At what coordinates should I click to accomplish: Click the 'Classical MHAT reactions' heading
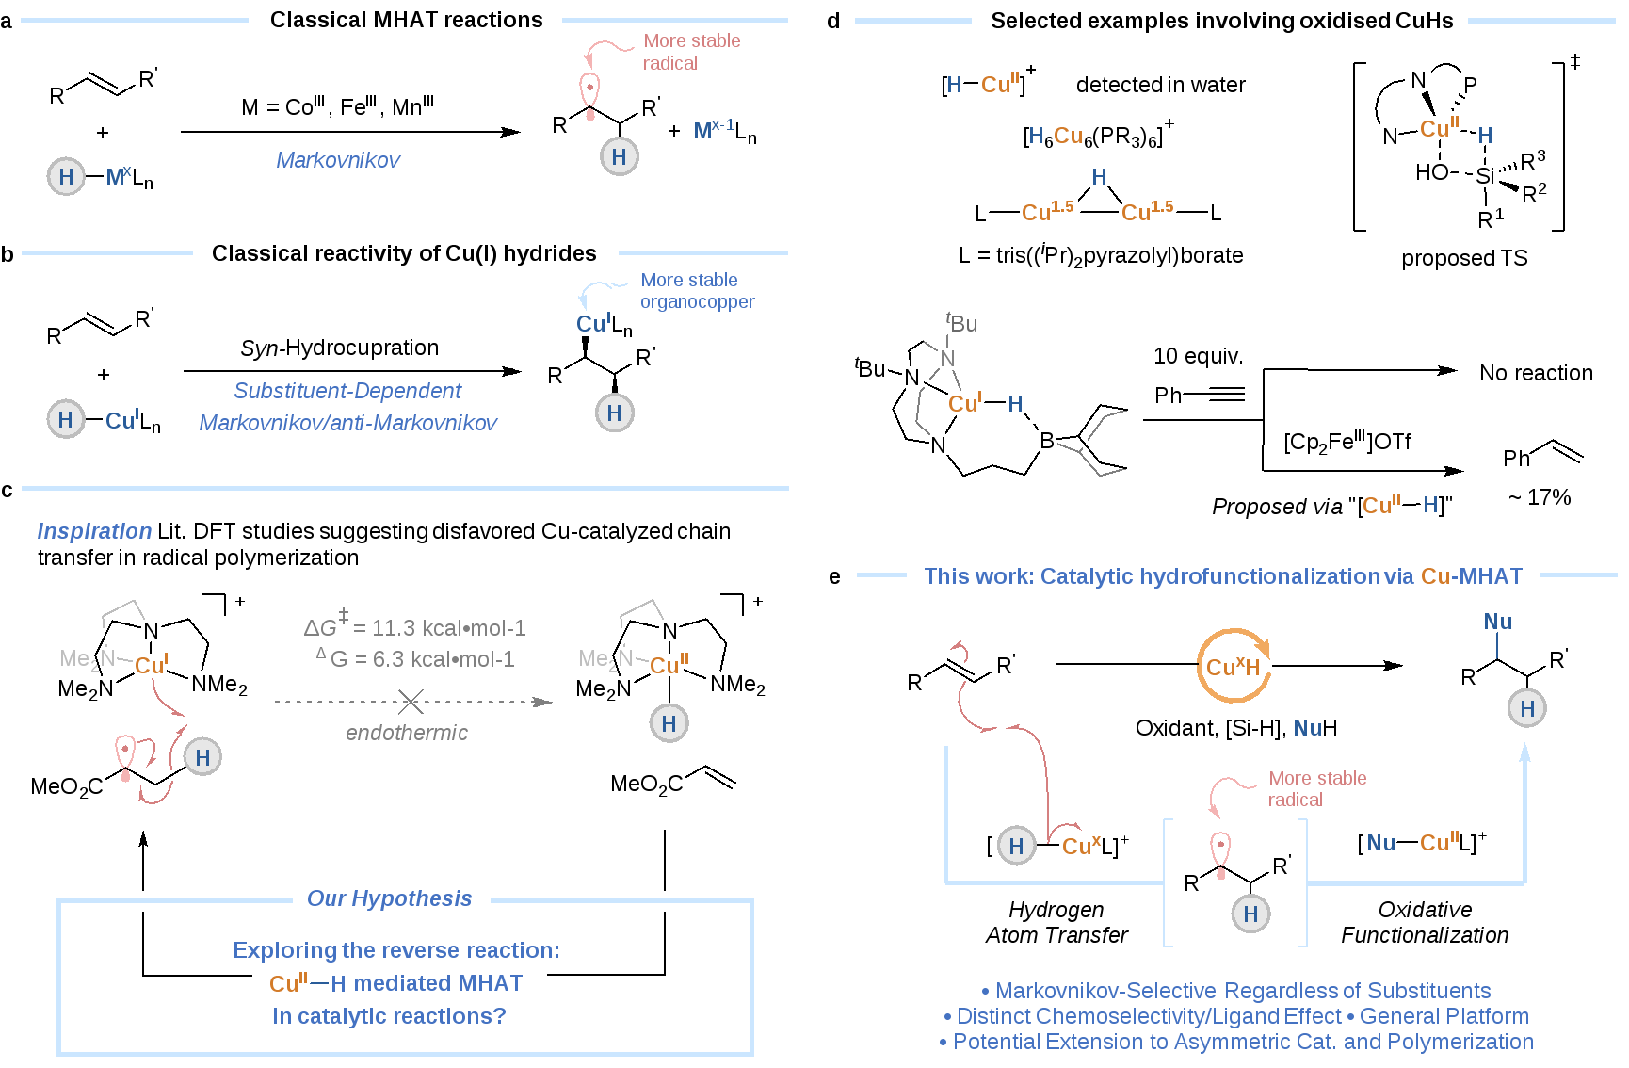[x=406, y=20]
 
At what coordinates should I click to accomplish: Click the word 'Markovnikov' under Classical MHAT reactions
[x=338, y=160]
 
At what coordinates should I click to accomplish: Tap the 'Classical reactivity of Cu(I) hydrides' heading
[x=404, y=253]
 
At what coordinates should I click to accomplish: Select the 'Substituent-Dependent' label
[x=347, y=391]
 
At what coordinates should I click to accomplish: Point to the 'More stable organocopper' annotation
[x=697, y=290]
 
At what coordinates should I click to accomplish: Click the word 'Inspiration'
[x=94, y=531]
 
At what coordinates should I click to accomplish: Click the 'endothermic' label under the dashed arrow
[x=406, y=733]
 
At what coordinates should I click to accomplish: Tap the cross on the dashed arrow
[x=411, y=702]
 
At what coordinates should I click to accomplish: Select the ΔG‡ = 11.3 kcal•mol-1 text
[x=414, y=626]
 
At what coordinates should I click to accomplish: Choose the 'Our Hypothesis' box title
[x=389, y=899]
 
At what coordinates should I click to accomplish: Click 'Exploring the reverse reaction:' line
[x=395, y=950]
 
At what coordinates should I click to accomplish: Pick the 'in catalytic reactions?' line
[x=389, y=1016]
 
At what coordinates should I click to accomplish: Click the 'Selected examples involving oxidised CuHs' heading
[x=1221, y=21]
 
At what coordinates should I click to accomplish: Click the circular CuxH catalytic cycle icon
[x=1234, y=667]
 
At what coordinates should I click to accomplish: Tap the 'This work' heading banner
[x=1222, y=576]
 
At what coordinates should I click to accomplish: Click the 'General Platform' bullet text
[x=1444, y=1016]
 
